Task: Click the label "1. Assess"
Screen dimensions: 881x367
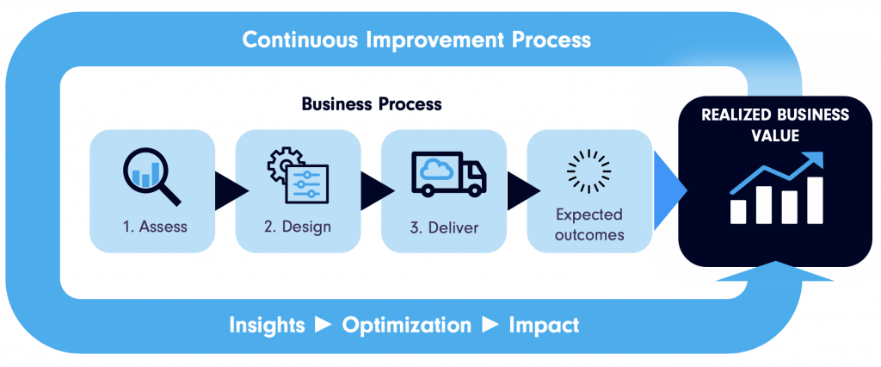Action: (x=155, y=227)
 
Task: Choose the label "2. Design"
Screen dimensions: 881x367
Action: (x=297, y=227)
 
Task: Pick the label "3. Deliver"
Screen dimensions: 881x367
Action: (x=444, y=227)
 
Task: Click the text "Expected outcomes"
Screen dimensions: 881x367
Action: (x=589, y=224)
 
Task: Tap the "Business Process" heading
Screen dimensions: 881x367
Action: (x=372, y=104)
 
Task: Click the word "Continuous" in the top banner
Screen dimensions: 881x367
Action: (x=301, y=40)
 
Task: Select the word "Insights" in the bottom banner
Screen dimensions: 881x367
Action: (x=267, y=326)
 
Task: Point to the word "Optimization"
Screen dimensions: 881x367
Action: (x=407, y=326)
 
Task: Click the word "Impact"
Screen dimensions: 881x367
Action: (x=544, y=326)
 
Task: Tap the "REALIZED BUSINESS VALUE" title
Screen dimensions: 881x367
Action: (x=775, y=125)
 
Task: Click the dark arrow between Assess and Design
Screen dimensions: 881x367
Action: (x=231, y=190)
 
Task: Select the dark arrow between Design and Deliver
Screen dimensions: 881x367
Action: (x=378, y=190)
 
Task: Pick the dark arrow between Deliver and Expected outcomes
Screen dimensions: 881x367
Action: (x=524, y=190)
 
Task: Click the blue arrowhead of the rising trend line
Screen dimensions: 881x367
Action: (x=815, y=159)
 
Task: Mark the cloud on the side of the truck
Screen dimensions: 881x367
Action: (x=436, y=168)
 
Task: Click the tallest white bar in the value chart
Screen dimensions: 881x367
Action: (x=815, y=201)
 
